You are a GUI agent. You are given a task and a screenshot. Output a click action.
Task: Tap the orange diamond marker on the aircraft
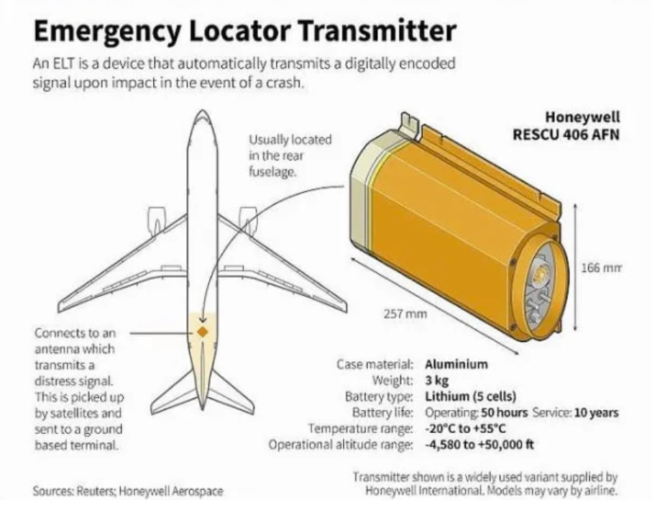[x=203, y=332]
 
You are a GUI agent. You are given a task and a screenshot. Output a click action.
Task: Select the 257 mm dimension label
[x=405, y=313]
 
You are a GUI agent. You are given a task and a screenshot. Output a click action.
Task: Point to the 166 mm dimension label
[x=601, y=268]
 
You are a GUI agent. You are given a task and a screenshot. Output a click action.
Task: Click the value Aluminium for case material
[x=456, y=365]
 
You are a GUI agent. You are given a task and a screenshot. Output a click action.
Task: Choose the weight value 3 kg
[x=436, y=381]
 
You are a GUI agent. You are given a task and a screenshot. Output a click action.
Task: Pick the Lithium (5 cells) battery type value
[x=470, y=396]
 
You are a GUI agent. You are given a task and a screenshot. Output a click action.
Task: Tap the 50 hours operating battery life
[x=504, y=413]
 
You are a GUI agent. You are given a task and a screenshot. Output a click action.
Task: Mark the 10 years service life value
[x=596, y=413]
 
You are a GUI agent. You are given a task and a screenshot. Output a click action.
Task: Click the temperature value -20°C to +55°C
[x=465, y=429]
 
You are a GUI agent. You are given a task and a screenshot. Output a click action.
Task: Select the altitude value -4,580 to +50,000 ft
[x=479, y=445]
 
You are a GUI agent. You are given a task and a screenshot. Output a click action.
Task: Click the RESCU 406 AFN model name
[x=566, y=135]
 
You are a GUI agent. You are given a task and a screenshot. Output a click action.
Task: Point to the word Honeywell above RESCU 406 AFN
[x=582, y=117]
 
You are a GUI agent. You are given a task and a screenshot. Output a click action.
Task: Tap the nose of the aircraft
[x=202, y=112]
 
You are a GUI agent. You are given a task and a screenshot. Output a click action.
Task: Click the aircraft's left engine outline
[x=156, y=221]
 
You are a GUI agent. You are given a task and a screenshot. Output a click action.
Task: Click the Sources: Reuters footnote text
[x=128, y=491]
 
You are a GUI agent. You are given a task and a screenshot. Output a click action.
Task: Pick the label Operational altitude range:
[x=341, y=445]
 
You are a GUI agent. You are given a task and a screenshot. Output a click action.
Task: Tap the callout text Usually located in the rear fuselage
[x=290, y=155]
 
